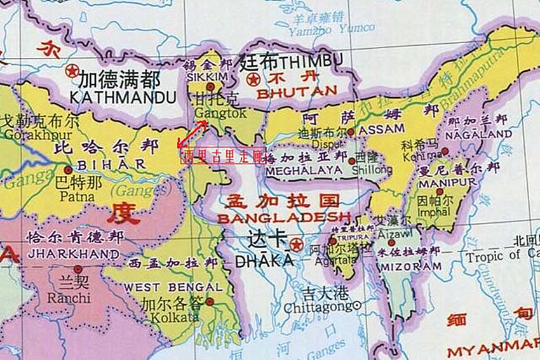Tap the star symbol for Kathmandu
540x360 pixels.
72,70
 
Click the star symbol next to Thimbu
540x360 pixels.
253,80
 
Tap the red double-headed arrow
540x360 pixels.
192,134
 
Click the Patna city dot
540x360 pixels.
68,170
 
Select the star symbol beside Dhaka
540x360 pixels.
295,244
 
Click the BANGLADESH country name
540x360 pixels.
283,218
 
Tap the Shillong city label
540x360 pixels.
374,170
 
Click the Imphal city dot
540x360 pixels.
440,191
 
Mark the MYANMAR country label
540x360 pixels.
492,350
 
